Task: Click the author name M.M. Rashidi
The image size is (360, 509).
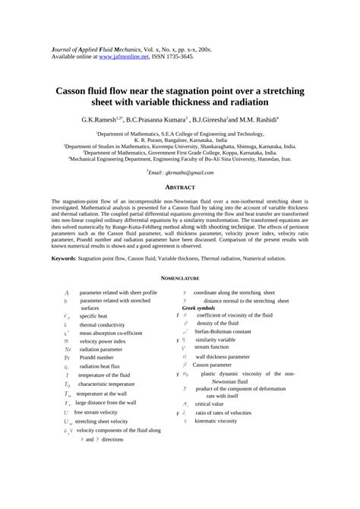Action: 254,119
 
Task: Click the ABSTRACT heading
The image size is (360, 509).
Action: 180,188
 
